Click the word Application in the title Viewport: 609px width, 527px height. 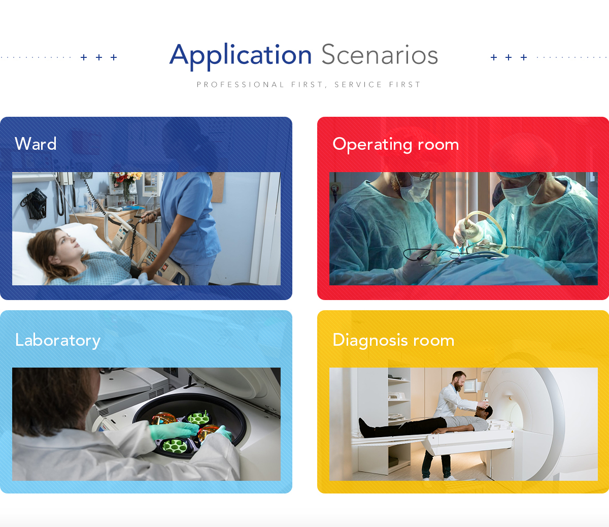pyautogui.click(x=241, y=56)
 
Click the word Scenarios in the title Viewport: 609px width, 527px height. pyautogui.click(x=380, y=54)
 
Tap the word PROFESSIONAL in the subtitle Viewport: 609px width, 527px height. pyautogui.click(x=240, y=85)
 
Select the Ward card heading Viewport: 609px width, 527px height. pyautogui.click(x=36, y=144)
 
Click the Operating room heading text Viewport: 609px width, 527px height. pyautogui.click(x=396, y=144)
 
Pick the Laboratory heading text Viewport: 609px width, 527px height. pyautogui.click(x=58, y=341)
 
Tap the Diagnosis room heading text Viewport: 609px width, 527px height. pyautogui.click(x=393, y=340)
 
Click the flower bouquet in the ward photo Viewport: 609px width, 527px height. pyautogui.click(x=126, y=180)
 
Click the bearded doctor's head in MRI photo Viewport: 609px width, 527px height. pyautogui.click(x=459, y=380)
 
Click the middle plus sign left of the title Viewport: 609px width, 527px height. pyautogui.click(x=99, y=57)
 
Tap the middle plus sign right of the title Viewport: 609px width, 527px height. pyautogui.click(x=509, y=57)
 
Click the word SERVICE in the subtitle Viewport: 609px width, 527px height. pyautogui.click(x=358, y=85)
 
